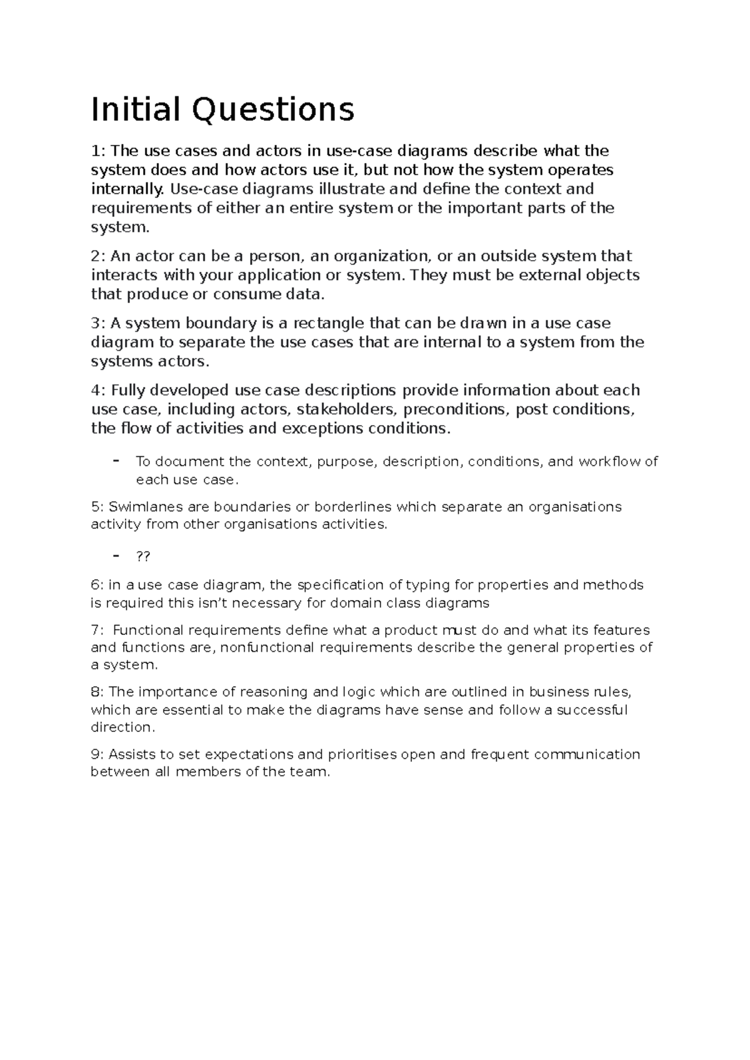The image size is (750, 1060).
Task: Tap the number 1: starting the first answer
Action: click(x=99, y=151)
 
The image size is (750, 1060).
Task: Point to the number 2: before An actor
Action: click(x=99, y=256)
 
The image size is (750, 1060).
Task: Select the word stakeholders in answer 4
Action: click(x=346, y=409)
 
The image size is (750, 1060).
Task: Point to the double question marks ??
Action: click(x=143, y=556)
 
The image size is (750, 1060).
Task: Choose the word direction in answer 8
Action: click(x=121, y=727)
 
